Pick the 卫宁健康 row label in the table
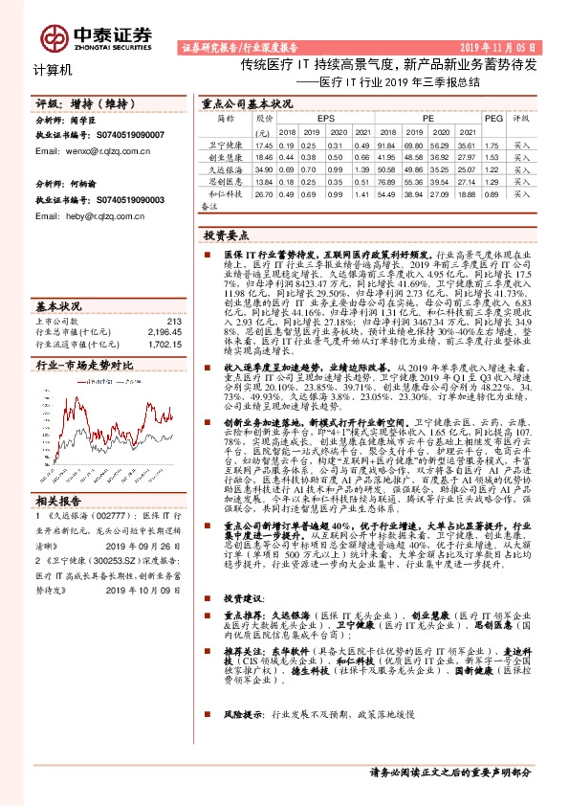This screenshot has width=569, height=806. (x=223, y=145)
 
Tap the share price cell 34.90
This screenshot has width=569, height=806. (x=264, y=168)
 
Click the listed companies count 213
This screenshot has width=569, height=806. (x=173, y=321)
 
